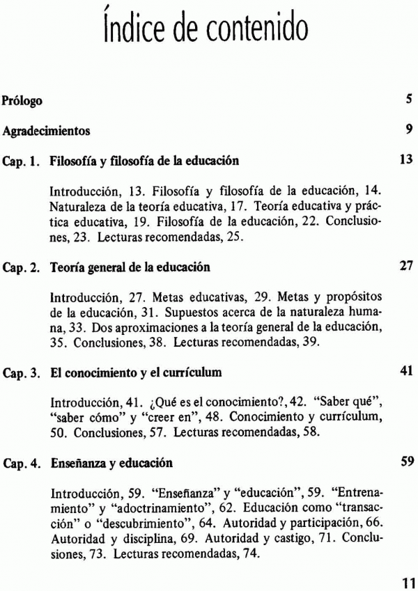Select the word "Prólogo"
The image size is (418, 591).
tap(22, 100)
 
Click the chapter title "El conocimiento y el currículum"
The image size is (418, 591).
tap(136, 372)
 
